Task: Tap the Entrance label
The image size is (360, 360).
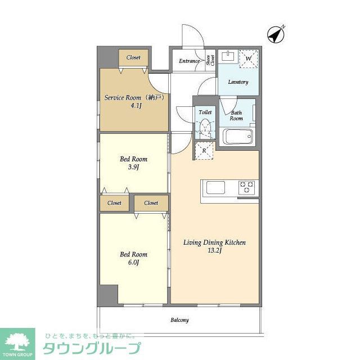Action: pyautogui.click(x=190, y=61)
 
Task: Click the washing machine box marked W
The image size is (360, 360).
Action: pyautogui.click(x=249, y=58)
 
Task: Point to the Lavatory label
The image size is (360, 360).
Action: pyautogui.click(x=238, y=82)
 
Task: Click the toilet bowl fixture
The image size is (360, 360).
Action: pyautogui.click(x=206, y=129)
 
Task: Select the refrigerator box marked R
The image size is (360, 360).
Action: pyautogui.click(x=204, y=151)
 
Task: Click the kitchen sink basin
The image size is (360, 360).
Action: pyautogui.click(x=216, y=187)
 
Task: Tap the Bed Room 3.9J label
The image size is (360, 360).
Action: pyautogui.click(x=133, y=163)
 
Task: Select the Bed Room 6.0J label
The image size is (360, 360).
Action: pyautogui.click(x=133, y=258)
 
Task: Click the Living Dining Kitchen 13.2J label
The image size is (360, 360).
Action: pyautogui.click(x=215, y=246)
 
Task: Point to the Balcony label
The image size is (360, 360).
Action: pyautogui.click(x=179, y=321)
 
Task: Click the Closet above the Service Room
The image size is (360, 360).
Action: pyautogui.click(x=133, y=57)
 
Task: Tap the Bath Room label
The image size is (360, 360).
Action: pyautogui.click(x=236, y=115)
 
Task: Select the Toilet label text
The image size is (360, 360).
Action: pyautogui.click(x=205, y=112)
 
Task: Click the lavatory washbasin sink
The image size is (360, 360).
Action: pyautogui.click(x=229, y=56)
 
